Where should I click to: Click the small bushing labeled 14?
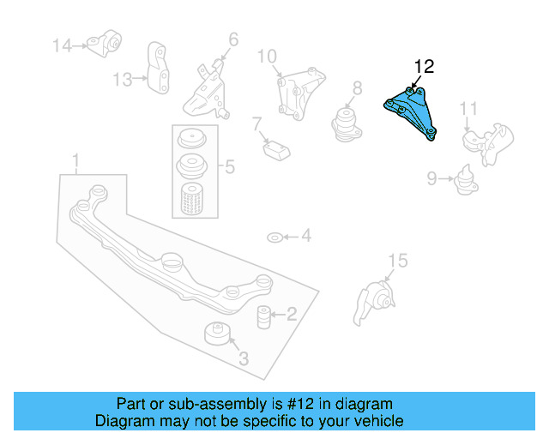pos(109,42)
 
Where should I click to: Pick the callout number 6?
pos(233,39)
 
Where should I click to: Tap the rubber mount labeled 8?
pos(347,121)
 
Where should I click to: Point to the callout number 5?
pos(229,167)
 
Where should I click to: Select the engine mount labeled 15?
pos(376,304)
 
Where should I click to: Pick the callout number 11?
pos(468,109)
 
